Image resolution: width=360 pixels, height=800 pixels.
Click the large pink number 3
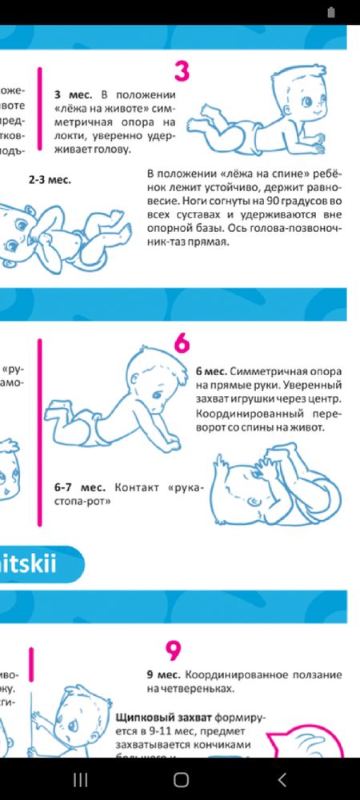click(182, 70)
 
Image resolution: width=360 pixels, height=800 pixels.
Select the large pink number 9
click(174, 650)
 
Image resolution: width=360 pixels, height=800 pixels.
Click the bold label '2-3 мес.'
click(50, 180)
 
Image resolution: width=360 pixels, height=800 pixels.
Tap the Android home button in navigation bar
click(181, 779)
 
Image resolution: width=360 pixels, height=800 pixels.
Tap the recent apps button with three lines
click(80, 779)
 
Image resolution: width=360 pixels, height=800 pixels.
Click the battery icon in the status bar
click(331, 11)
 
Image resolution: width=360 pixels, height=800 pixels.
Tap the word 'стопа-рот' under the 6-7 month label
click(83, 502)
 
